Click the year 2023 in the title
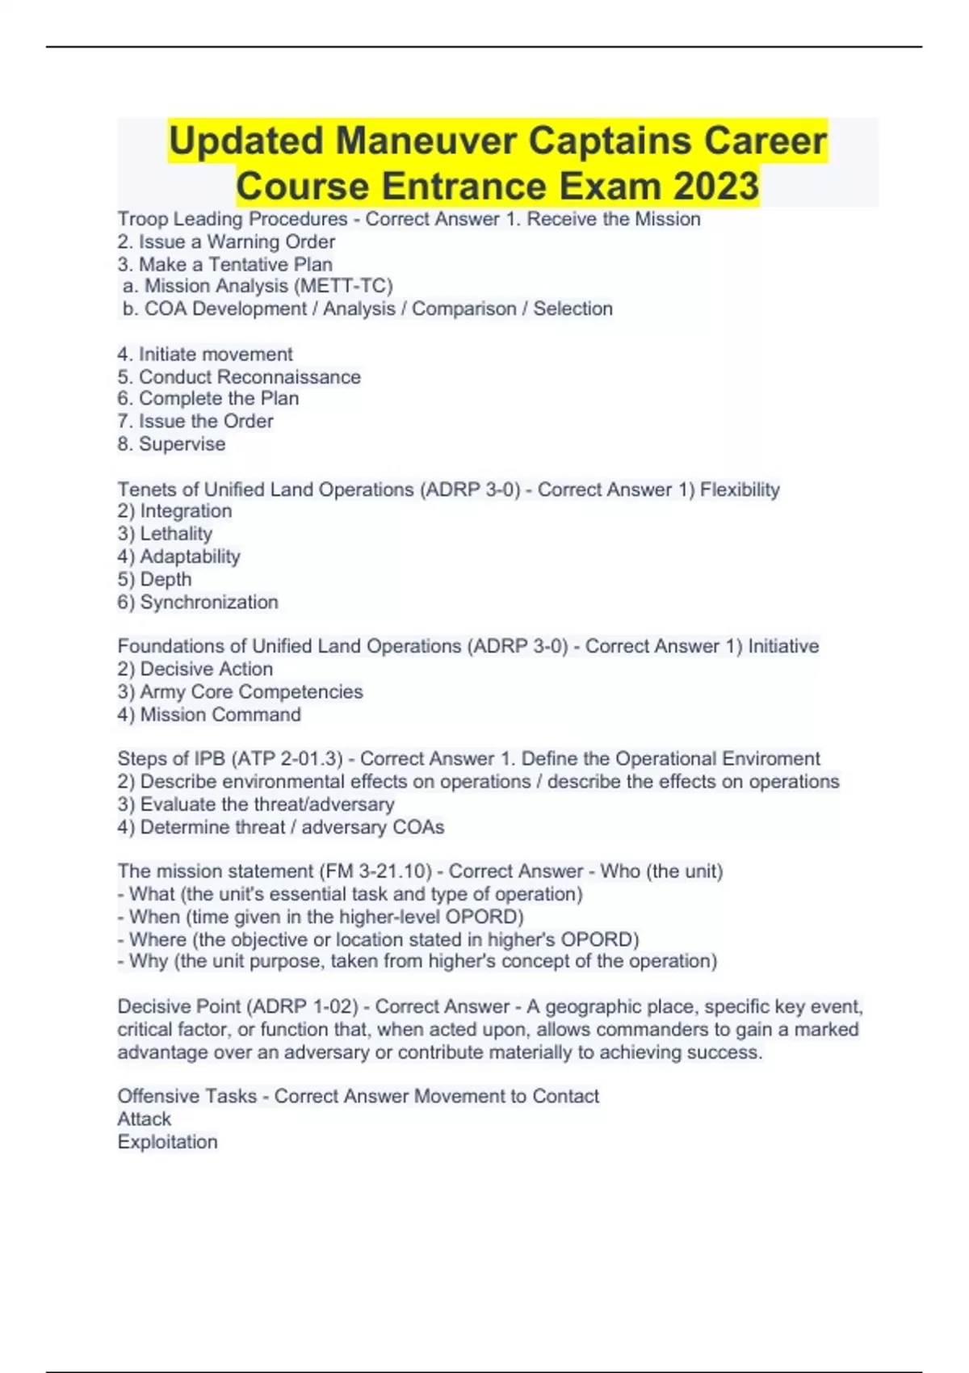pyautogui.click(x=715, y=186)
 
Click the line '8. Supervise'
pyautogui.click(x=171, y=443)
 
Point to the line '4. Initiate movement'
pyautogui.click(x=205, y=354)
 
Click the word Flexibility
pyautogui.click(x=740, y=489)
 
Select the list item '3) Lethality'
pyautogui.click(x=165, y=534)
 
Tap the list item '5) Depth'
pyautogui.click(x=154, y=579)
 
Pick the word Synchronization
pyautogui.click(x=209, y=602)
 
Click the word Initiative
pyautogui.click(x=783, y=646)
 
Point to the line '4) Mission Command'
pyautogui.click(x=209, y=714)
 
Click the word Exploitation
pyautogui.click(x=167, y=1141)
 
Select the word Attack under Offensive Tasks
pyautogui.click(x=145, y=1119)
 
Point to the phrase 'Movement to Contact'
pyautogui.click(x=506, y=1096)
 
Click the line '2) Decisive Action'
pyautogui.click(x=195, y=669)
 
